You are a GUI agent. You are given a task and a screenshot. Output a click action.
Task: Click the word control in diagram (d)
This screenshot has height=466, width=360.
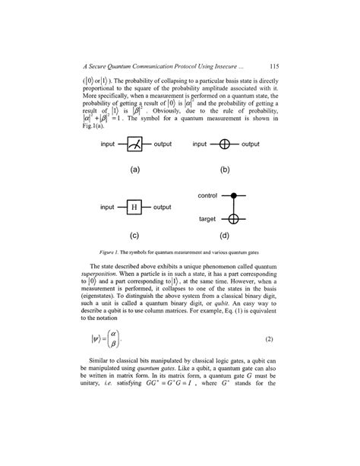pos(207,196)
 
